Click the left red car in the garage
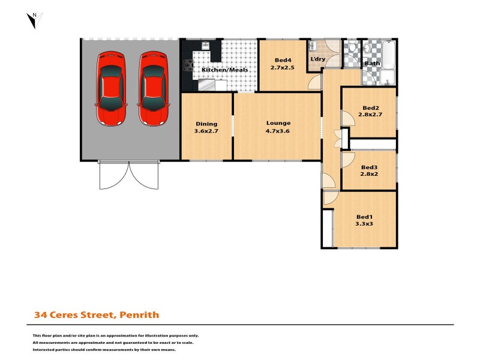point(110,88)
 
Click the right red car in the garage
point(152,88)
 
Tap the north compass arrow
point(34,20)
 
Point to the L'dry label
point(317,59)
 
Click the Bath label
point(373,63)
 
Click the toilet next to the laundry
point(352,48)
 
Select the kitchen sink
point(205,46)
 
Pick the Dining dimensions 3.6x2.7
point(206,131)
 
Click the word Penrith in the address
point(139,314)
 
